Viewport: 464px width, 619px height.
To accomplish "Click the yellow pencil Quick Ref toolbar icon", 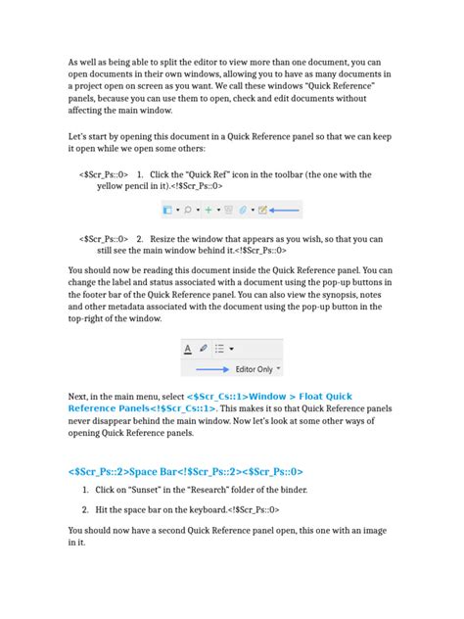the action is pyautogui.click(x=261, y=210).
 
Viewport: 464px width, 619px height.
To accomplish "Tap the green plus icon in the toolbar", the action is pyautogui.click(x=208, y=210).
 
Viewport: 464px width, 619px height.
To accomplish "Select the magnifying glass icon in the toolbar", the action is pyautogui.click(x=186, y=210).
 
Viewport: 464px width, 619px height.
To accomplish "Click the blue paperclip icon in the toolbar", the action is pyautogui.click(x=244, y=210).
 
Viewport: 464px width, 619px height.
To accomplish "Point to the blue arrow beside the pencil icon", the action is pyautogui.click(x=285, y=210).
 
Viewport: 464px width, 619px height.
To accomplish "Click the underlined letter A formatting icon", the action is pyautogui.click(x=187, y=348).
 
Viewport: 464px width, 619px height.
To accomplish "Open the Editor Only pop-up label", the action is pyautogui.click(x=253, y=369).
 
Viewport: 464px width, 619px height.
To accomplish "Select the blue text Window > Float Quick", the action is pyautogui.click(x=294, y=397).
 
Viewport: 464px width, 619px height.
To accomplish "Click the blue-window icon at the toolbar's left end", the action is pyautogui.click(x=167, y=210).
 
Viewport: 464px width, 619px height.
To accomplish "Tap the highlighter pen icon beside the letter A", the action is pyautogui.click(x=203, y=348).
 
